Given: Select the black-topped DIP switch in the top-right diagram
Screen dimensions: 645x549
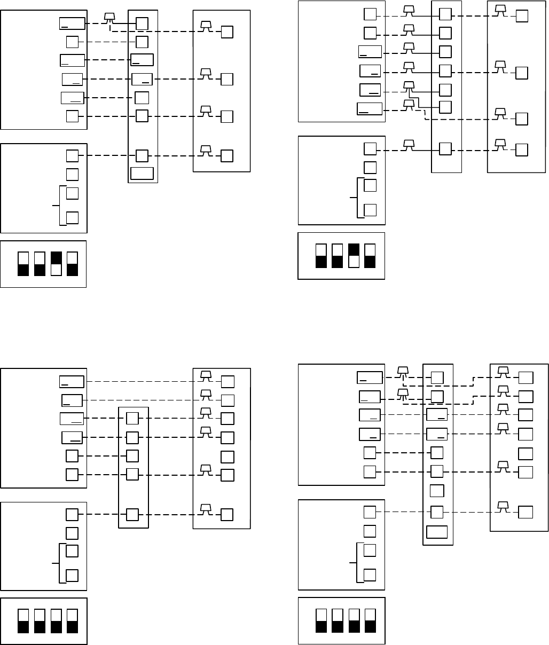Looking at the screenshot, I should (352, 255).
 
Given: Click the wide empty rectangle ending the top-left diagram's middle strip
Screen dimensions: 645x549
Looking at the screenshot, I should (142, 174).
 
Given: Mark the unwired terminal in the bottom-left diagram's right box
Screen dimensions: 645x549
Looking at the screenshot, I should (227, 457).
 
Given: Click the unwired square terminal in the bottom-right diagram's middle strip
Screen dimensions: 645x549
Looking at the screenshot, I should (437, 491).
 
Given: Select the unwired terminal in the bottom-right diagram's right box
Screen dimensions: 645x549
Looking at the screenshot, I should (526, 453).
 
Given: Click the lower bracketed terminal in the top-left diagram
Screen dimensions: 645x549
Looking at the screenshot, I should (72, 217).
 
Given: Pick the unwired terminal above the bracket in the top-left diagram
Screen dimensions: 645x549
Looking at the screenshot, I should (72, 174).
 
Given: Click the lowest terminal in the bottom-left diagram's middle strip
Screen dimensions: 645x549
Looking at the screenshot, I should (132, 514).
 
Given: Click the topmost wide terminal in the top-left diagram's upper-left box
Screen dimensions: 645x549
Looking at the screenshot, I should (72, 23).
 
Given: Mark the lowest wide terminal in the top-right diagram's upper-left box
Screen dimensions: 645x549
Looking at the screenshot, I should (370, 108).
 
